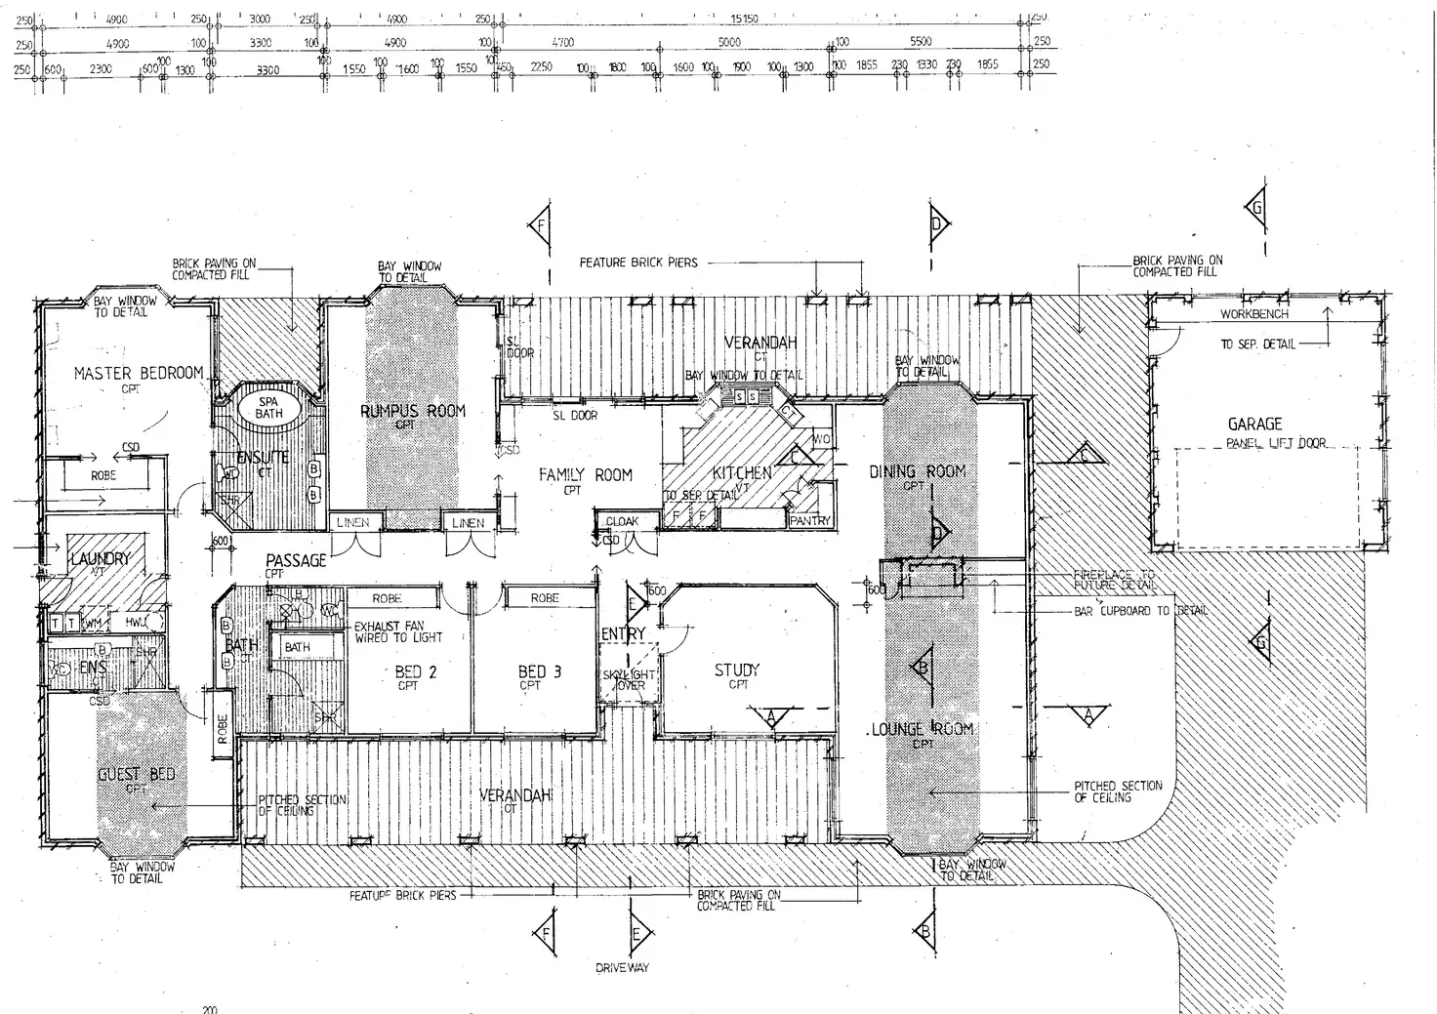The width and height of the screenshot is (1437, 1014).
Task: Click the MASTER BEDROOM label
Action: click(139, 373)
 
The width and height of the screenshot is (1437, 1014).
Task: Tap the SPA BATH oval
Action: click(268, 407)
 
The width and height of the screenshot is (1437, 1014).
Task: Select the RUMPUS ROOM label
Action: click(413, 411)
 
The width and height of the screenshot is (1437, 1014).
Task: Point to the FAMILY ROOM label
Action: click(585, 475)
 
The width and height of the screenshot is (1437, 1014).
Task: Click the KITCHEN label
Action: click(742, 473)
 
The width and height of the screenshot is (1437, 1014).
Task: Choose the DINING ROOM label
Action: click(917, 471)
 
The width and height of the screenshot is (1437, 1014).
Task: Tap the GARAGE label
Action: click(1254, 424)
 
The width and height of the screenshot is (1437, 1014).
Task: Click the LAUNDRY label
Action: click(100, 558)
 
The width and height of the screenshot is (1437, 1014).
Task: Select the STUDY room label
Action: click(737, 670)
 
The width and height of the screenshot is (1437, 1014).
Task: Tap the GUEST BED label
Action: click(137, 775)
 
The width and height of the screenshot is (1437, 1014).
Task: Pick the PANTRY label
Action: click(809, 521)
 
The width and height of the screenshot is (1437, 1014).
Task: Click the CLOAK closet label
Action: click(622, 522)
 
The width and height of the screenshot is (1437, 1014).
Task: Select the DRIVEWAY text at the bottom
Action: click(622, 968)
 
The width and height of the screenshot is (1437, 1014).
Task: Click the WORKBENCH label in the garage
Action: click(1253, 315)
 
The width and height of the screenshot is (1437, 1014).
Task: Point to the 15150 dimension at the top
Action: click(744, 20)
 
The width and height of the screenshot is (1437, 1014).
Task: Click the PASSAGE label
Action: click(296, 561)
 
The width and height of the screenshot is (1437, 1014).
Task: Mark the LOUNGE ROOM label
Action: click(923, 729)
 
